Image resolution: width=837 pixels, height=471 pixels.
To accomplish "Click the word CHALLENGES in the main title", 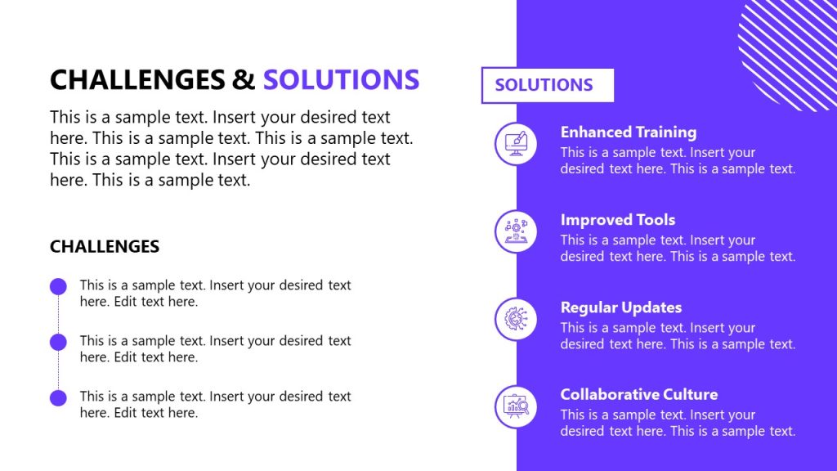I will coord(137,79).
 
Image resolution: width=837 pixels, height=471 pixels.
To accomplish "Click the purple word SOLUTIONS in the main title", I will coord(341,79).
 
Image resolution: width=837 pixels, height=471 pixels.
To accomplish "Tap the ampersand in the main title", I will coord(243,79).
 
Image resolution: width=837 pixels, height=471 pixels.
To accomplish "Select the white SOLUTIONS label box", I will coord(547,85).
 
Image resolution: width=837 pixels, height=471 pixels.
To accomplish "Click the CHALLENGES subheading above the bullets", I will coord(105,246).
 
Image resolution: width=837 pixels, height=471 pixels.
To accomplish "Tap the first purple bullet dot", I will coord(58,286).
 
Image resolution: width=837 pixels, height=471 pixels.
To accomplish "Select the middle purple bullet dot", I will coord(58,342).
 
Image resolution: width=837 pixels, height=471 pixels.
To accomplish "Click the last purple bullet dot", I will coord(58,398).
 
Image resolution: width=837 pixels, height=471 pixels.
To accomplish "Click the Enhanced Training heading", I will coord(628,132).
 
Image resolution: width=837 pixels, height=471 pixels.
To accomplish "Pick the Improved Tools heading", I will coord(617,219).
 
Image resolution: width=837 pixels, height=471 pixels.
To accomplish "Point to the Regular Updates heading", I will coord(620,307).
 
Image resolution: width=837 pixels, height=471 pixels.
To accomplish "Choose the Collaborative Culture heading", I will coord(638,394).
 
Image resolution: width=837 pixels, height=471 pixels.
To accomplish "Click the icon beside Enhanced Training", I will coord(516,143).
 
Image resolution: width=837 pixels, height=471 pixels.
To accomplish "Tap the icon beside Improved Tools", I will coord(516,231).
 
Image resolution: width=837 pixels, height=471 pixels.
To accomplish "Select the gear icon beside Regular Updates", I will coord(516,319).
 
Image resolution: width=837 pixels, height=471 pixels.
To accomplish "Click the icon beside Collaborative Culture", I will coord(516,406).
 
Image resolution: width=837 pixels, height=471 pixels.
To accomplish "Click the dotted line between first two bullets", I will coord(58,314).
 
